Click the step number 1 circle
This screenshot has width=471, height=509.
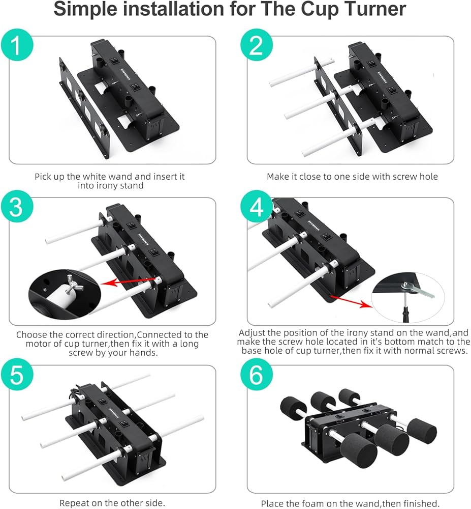17,45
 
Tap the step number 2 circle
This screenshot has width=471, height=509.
256,45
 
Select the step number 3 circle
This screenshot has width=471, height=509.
17,207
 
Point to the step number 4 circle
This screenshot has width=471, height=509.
256,207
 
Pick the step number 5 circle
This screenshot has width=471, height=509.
17,375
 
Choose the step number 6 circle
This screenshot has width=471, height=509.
256,375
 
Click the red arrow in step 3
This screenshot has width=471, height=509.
128,281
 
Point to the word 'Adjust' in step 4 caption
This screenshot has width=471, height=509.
252,333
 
